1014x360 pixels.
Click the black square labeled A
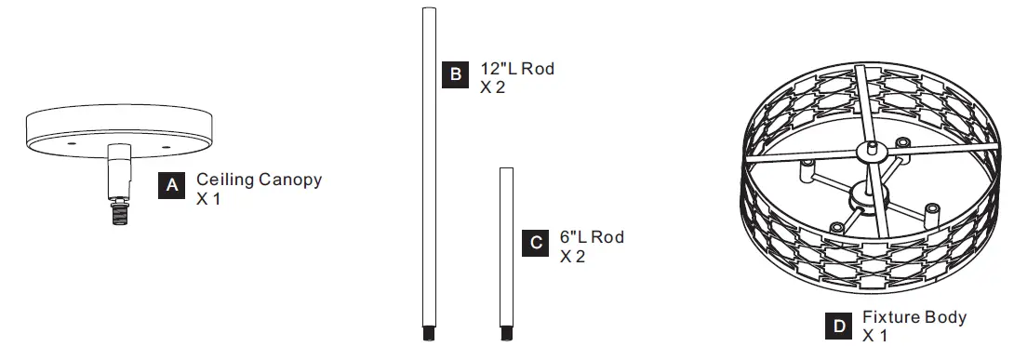pyautogui.click(x=171, y=185)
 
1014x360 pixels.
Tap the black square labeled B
pyautogui.click(x=455, y=74)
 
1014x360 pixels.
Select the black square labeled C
pyautogui.click(x=536, y=243)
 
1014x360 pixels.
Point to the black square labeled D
pyautogui.click(x=839, y=327)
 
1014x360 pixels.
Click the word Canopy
pyautogui.click(x=290, y=180)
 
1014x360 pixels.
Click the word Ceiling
pyautogui.click(x=225, y=180)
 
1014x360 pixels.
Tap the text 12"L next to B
pyautogui.click(x=499, y=69)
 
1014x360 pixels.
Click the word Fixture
pyautogui.click(x=891, y=317)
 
